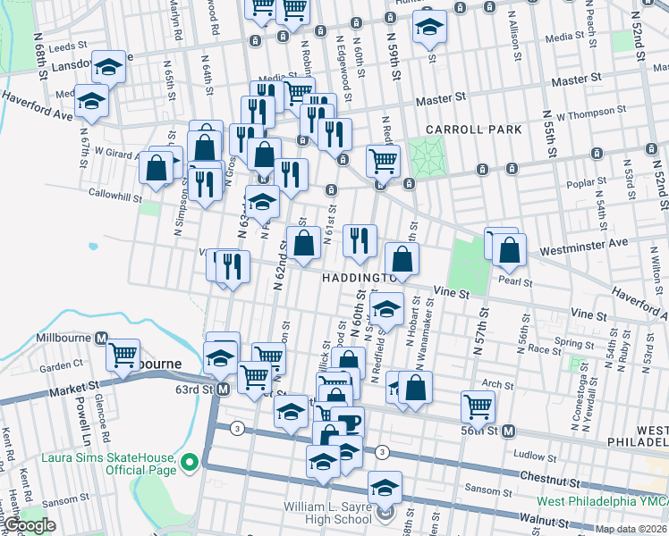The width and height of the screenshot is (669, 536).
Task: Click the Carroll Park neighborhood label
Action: point(473,130)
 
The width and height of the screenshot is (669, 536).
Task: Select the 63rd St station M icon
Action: point(223,389)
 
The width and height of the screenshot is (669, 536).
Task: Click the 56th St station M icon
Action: point(507,431)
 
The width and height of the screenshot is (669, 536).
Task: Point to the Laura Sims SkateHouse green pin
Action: point(189,463)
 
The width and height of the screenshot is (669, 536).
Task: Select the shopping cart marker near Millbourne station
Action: point(123,354)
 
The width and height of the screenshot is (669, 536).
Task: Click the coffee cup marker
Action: point(347,422)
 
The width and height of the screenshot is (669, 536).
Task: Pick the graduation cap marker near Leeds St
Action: point(109,66)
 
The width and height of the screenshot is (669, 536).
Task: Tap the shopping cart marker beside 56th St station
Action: point(478,406)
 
